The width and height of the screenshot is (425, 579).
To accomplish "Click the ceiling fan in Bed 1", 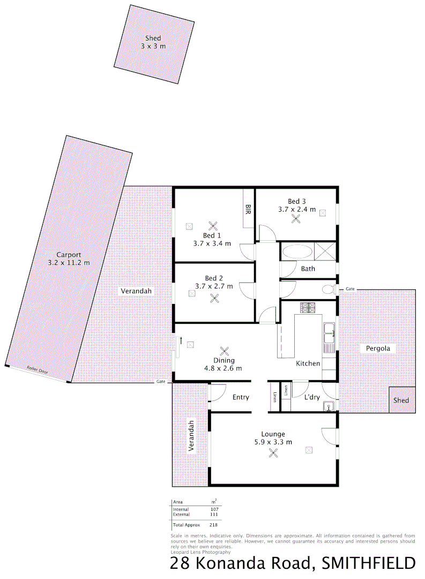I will [x=213, y=226].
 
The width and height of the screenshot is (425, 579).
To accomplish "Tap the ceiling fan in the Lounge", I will [x=273, y=453].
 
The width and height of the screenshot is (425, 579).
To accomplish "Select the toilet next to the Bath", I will [x=327, y=289].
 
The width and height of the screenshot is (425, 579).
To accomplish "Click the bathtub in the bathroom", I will [x=297, y=252].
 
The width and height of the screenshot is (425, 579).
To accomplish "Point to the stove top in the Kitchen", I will [x=308, y=308].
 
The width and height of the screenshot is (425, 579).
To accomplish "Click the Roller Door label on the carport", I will [x=38, y=370].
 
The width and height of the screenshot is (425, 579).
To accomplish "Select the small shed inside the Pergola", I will [x=401, y=400].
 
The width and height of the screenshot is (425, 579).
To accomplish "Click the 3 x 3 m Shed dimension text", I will [x=153, y=47].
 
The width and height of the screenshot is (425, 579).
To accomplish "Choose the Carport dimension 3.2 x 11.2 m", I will [x=69, y=263].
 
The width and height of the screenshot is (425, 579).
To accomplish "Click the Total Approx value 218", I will [x=213, y=525].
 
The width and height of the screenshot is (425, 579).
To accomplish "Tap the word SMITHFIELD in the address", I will [x=368, y=563].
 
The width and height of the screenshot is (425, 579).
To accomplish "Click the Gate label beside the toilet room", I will [x=350, y=289].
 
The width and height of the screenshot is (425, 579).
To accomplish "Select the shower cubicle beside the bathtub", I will [x=324, y=251].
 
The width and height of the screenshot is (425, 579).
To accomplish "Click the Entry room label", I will [x=241, y=397].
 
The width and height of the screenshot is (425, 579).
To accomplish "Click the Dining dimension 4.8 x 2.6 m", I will [x=224, y=368].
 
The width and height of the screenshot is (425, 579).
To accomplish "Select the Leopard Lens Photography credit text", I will [x=200, y=552].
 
